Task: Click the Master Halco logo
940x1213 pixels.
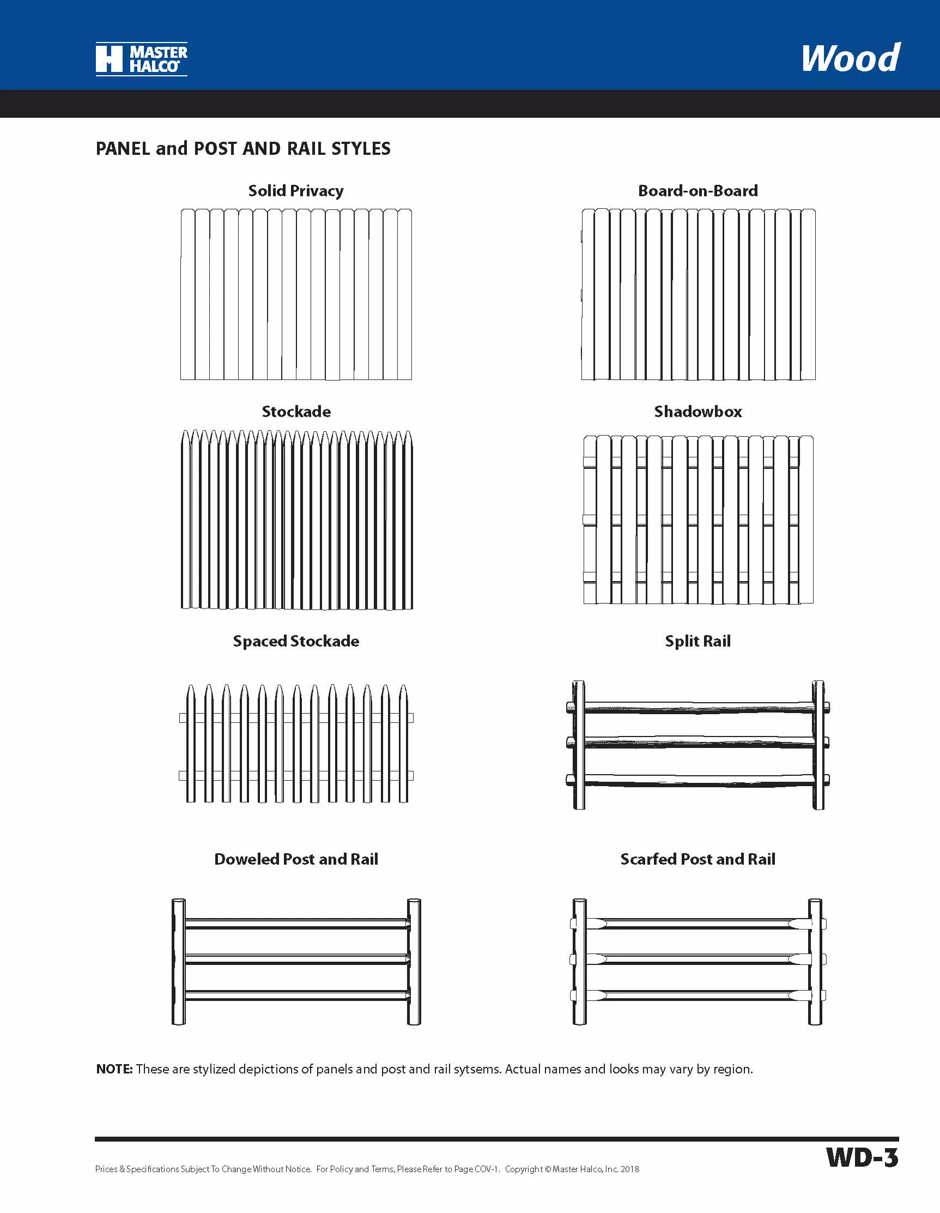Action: pos(142,59)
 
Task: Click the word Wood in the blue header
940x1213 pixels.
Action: pos(851,58)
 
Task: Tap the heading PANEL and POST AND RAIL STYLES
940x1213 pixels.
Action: pos(243,149)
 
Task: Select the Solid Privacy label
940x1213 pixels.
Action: pos(296,191)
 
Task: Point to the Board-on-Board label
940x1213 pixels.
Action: pos(698,191)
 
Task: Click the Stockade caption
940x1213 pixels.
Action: pos(296,412)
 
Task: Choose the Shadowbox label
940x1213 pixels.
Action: pos(698,412)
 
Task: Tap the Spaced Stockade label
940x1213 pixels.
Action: pos(296,641)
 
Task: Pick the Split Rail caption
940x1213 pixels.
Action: pos(698,641)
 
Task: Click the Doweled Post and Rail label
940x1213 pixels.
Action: pos(296,859)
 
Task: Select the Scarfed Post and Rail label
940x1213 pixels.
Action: pos(698,859)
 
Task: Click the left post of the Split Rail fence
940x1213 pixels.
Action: pos(579,745)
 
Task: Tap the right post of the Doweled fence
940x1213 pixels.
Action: pos(414,961)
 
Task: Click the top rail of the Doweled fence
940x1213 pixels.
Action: pos(296,924)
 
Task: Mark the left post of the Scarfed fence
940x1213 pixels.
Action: pos(579,961)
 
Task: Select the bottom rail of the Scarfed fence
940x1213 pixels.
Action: pos(698,996)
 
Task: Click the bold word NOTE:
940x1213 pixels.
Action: pos(114,1069)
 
